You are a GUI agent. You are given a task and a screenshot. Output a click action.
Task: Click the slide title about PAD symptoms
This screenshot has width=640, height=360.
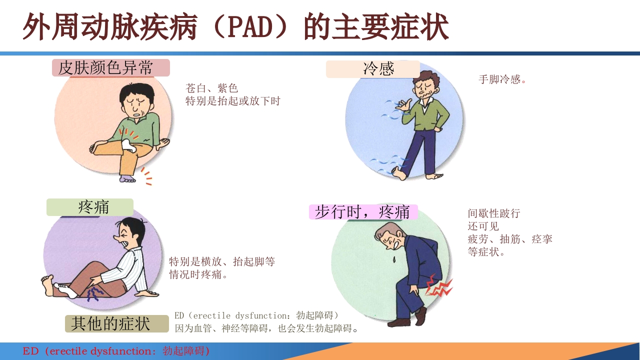click(x=235, y=27)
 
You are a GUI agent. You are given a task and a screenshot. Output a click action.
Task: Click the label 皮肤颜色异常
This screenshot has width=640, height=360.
click(x=111, y=67)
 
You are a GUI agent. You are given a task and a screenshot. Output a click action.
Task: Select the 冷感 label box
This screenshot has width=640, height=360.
click(x=373, y=69)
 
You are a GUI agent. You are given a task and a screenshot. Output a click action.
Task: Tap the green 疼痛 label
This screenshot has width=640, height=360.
click(x=90, y=207)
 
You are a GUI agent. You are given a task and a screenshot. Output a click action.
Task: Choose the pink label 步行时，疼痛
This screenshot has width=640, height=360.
click(x=363, y=211)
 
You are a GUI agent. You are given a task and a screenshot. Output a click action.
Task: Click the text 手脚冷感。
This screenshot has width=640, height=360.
click(x=502, y=79)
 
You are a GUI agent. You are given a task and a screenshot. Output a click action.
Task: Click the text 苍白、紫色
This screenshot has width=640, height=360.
click(x=211, y=88)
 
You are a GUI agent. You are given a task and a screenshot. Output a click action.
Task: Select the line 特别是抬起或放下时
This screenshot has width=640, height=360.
click(x=233, y=101)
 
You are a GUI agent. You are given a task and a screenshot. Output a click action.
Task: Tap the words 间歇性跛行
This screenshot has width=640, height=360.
click(x=494, y=213)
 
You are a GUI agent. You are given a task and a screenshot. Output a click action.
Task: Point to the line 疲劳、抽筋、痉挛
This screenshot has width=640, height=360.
click(x=510, y=239)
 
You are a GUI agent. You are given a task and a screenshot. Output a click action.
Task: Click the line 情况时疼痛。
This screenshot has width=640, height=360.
click(x=198, y=274)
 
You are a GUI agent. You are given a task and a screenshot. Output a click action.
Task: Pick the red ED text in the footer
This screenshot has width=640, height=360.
click(x=116, y=351)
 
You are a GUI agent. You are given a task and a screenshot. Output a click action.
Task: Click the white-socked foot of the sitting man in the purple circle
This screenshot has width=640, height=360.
click(x=66, y=289)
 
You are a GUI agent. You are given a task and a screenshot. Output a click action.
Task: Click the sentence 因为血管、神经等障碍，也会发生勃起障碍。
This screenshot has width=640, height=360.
click(x=267, y=328)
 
